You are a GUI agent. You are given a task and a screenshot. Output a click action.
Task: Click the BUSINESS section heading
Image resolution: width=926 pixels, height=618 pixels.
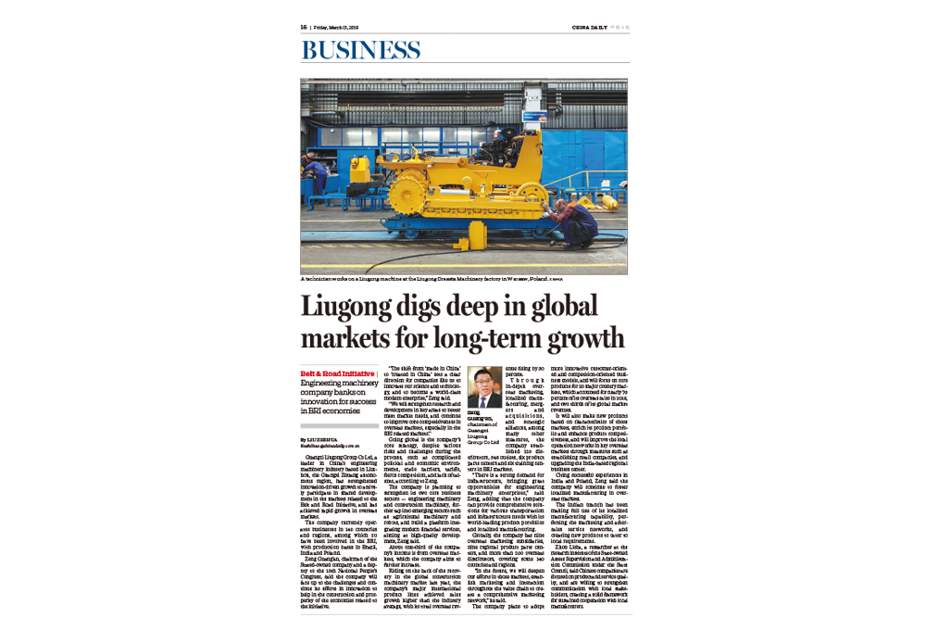pyautogui.click(x=360, y=50)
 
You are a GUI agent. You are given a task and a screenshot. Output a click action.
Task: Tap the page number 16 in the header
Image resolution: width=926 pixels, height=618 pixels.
pyautogui.click(x=303, y=27)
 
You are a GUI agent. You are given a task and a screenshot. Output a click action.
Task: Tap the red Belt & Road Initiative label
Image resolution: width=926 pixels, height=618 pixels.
pyautogui.click(x=332, y=372)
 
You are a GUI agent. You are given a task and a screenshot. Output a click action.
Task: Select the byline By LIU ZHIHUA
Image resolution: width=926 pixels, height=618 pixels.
pyautogui.click(x=320, y=438)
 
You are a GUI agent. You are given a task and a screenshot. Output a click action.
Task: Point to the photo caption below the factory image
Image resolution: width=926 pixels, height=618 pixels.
pyautogui.click(x=431, y=278)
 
